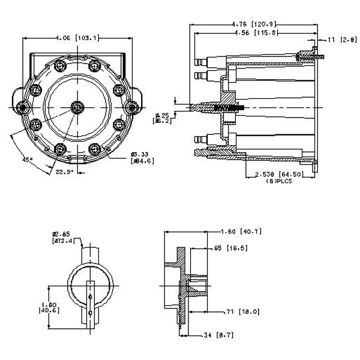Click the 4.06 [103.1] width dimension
click(77, 38)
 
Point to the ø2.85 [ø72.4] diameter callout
click(62, 237)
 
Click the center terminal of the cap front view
click(77, 107)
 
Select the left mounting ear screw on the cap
click(24, 107)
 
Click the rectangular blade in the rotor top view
click(90, 300)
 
